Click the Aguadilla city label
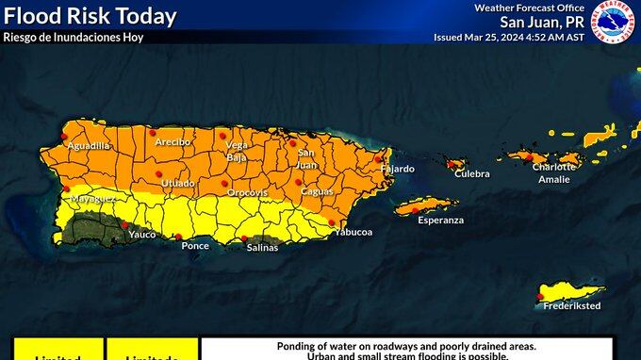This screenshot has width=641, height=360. click(x=89, y=146)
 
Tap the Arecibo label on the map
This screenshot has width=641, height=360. click(x=173, y=141)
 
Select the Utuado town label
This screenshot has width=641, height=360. click(x=177, y=183)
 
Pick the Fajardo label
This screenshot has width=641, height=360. click(x=398, y=169)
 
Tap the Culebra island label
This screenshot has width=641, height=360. click(x=472, y=173)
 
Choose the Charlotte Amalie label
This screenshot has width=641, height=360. click(x=553, y=172)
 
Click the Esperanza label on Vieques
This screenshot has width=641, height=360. click(x=441, y=220)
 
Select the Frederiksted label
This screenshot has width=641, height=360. click(x=572, y=305)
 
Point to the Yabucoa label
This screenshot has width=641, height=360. click(x=353, y=231)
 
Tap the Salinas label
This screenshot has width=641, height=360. click(x=262, y=247)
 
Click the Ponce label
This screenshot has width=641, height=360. click(x=195, y=245)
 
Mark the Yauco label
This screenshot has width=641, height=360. click(x=142, y=234)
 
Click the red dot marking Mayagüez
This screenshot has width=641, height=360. click(x=66, y=188)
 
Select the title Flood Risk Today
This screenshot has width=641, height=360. click(x=90, y=16)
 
